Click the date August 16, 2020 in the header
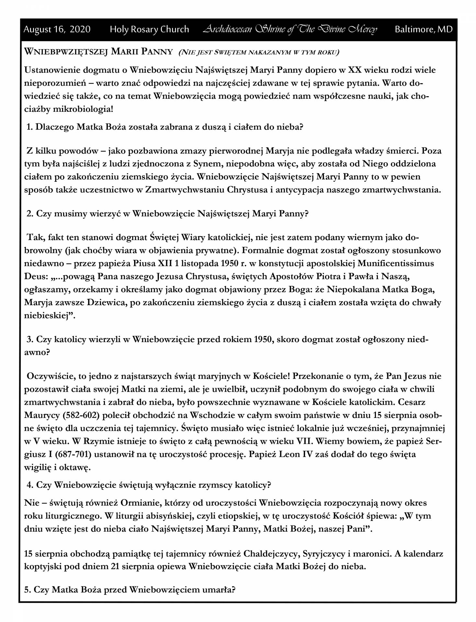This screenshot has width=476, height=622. click(x=57, y=29)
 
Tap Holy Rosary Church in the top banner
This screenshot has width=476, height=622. click(x=149, y=29)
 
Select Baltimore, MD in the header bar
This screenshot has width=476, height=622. click(x=424, y=29)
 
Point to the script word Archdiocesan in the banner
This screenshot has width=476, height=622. click(x=227, y=29)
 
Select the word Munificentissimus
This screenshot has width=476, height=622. click(x=396, y=263)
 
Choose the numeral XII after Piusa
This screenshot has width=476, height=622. click(x=165, y=263)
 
